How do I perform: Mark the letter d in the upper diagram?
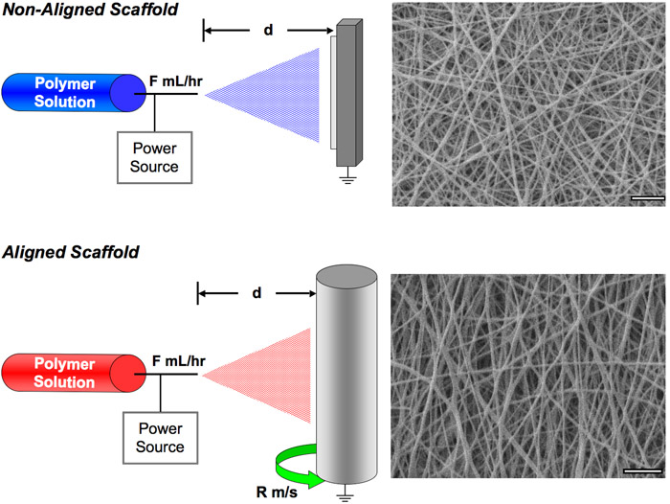pyautogui.click(x=268, y=30)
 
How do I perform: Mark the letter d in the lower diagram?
pyautogui.click(x=257, y=292)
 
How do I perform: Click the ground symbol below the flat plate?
pyautogui.click(x=346, y=179)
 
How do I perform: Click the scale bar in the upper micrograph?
pyautogui.click(x=648, y=198)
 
